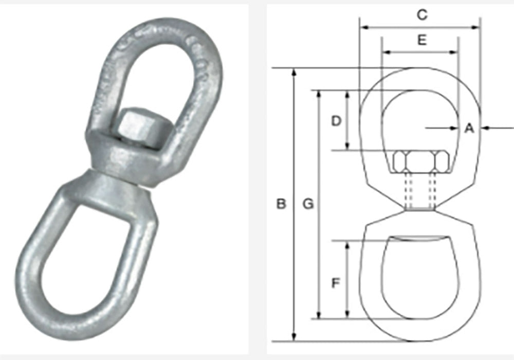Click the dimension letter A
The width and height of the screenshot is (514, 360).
pyautogui.click(x=468, y=128)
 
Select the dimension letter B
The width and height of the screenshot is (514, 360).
pyautogui.click(x=281, y=204)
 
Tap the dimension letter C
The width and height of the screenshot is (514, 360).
pyautogui.click(x=421, y=15)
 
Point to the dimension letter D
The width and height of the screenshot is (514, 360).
pyautogui.click(x=336, y=121)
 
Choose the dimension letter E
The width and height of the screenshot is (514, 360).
pyautogui.click(x=421, y=41)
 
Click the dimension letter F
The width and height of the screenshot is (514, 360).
pyautogui.click(x=336, y=282)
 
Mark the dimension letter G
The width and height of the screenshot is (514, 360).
pyautogui.click(x=308, y=204)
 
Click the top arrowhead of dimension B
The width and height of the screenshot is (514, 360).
pyautogui.click(x=294, y=71)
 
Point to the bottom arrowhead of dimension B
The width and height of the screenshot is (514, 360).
pyautogui.click(x=294, y=337)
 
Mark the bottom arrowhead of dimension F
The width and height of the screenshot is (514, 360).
pyautogui.click(x=348, y=315)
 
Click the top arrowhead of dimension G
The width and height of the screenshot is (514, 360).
pyautogui.click(x=320, y=94)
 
